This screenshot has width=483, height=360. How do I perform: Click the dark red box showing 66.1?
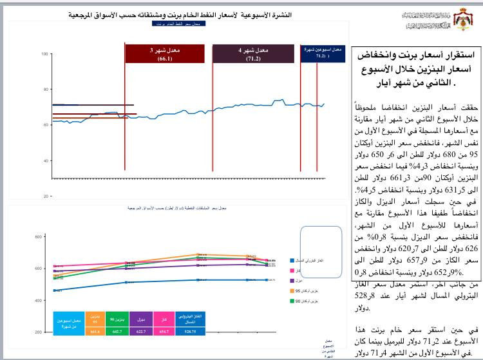pos(164,53)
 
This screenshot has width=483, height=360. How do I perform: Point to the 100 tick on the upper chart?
pos(45,53)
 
